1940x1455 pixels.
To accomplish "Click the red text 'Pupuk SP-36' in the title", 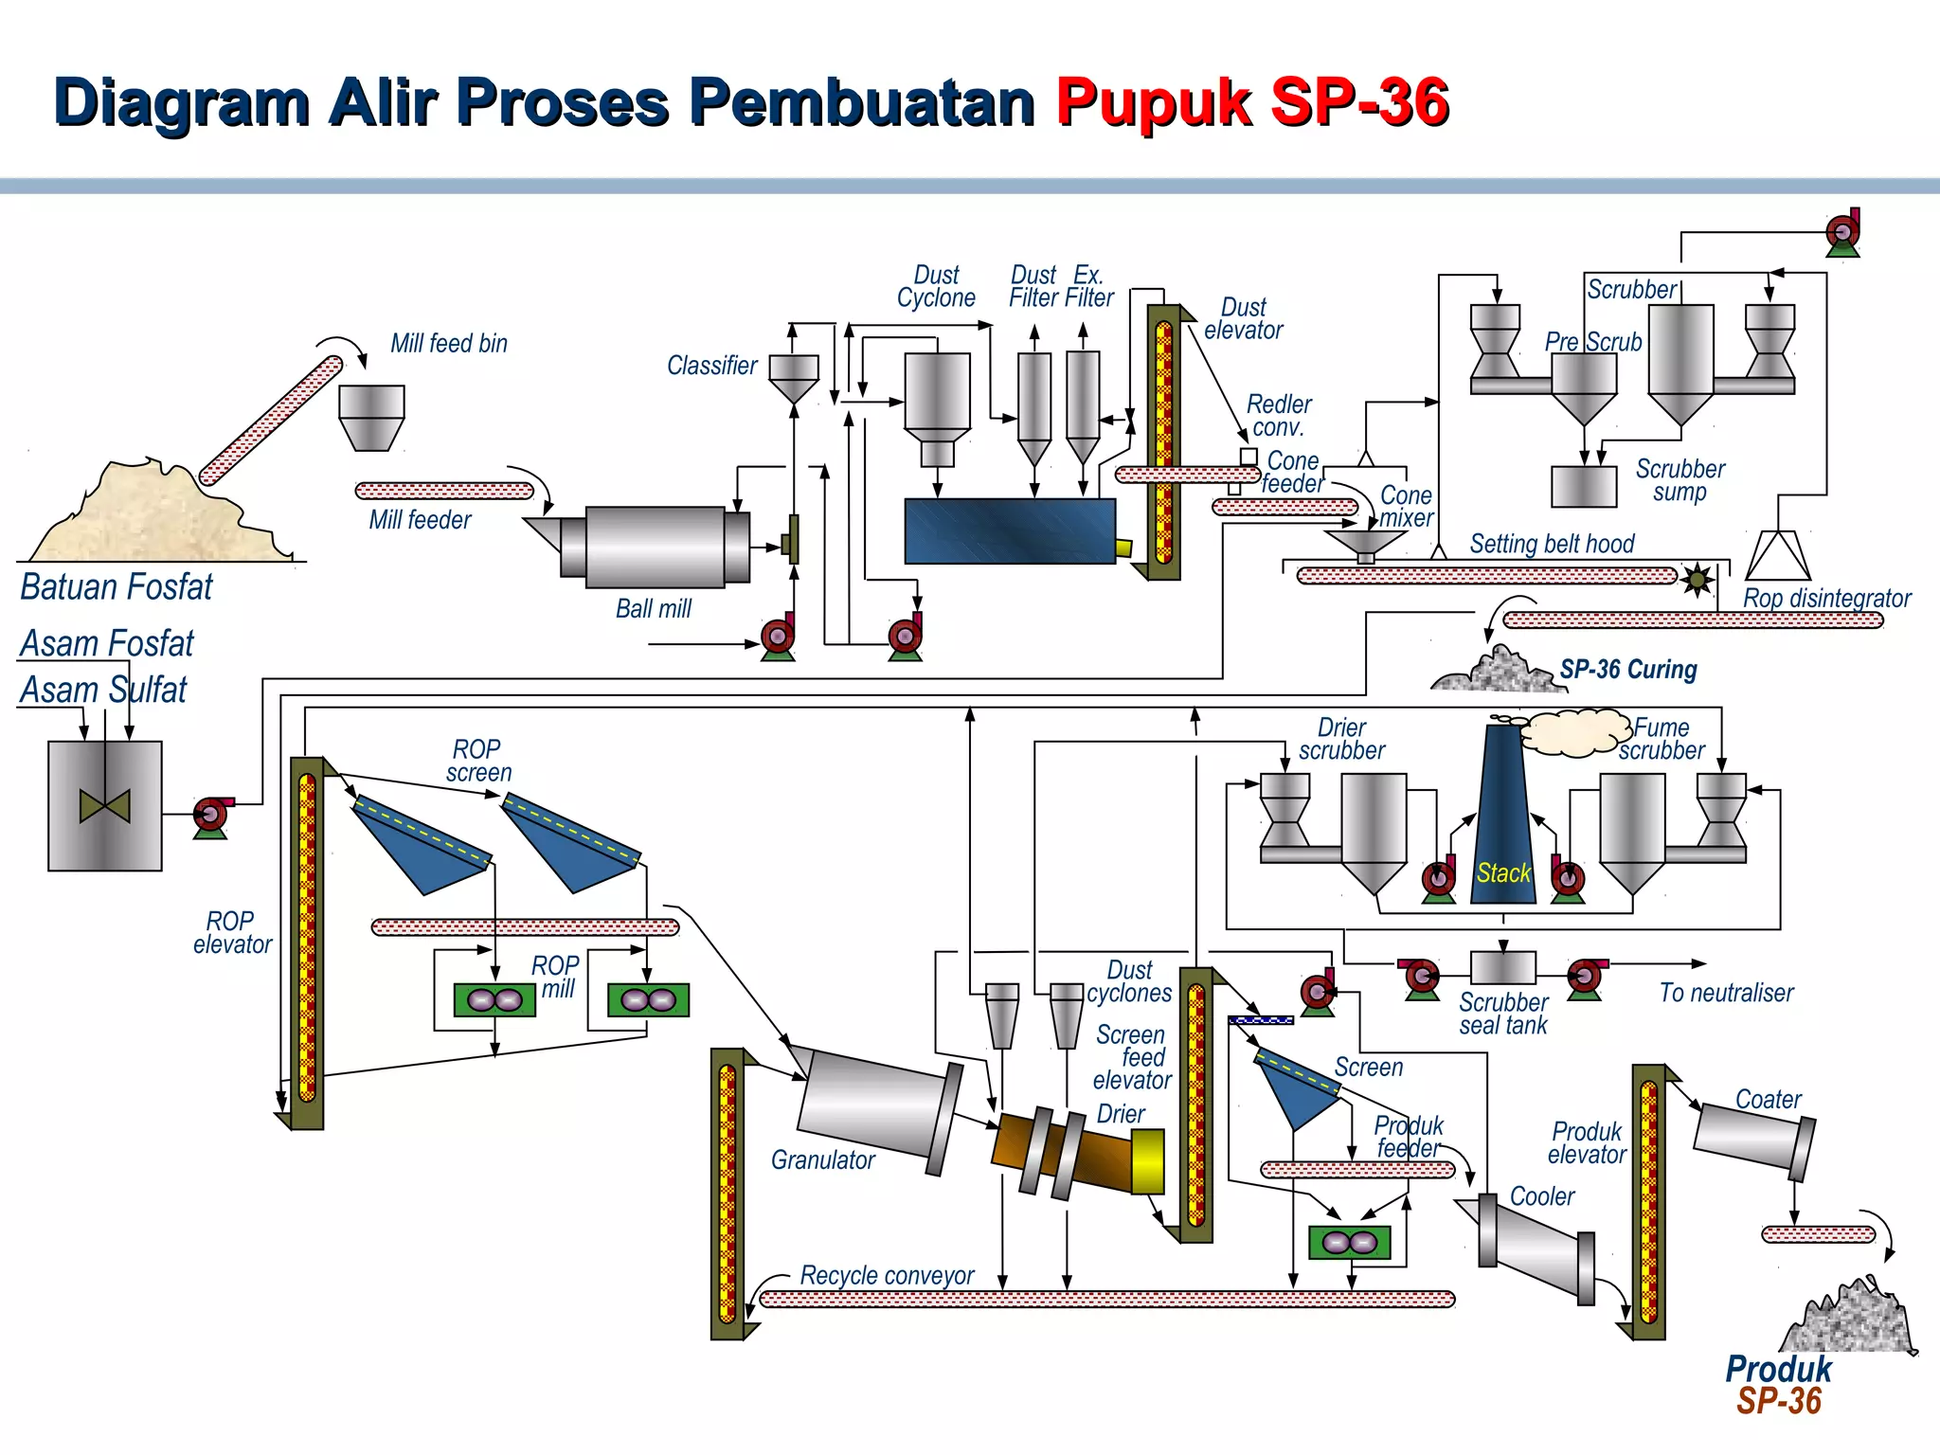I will (x=1252, y=101).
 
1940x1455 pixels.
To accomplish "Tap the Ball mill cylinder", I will (x=656, y=547).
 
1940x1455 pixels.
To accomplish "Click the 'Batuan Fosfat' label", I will (x=117, y=587).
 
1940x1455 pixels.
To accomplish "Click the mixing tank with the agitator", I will (x=104, y=805).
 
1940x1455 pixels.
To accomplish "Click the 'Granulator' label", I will (x=822, y=1160).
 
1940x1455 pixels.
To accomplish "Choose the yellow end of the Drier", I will (x=1147, y=1161).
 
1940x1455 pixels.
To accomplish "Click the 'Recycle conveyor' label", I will (x=887, y=1276).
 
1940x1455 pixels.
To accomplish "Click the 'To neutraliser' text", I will (x=1726, y=993).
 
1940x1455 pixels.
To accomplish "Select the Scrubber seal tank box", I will (x=1502, y=967).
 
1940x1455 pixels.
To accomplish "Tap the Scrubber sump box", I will (x=1583, y=487).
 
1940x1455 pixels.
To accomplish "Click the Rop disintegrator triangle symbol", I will (x=1777, y=556).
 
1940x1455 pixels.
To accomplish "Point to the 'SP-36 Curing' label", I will (x=1628, y=670).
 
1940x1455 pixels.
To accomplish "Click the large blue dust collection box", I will (x=1010, y=531).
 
